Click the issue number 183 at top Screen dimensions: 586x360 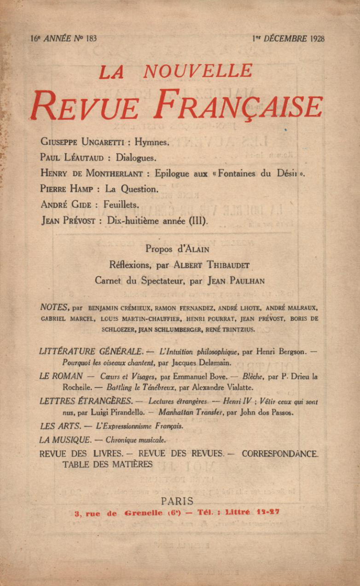91,39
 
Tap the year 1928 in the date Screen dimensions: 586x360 317,39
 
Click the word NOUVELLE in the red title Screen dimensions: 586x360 198,71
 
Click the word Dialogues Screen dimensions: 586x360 136,158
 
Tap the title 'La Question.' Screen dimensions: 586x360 132,189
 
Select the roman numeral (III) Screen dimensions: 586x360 198,221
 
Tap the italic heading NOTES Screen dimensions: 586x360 55,307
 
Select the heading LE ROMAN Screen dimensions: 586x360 61,376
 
